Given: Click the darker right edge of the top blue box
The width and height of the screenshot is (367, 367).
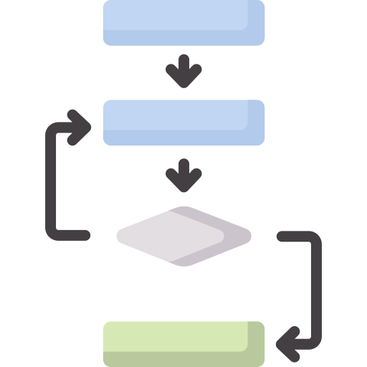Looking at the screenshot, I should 257,22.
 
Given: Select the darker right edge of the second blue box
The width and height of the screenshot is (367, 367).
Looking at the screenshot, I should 257,122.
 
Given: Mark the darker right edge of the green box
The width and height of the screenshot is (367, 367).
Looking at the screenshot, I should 257,344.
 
